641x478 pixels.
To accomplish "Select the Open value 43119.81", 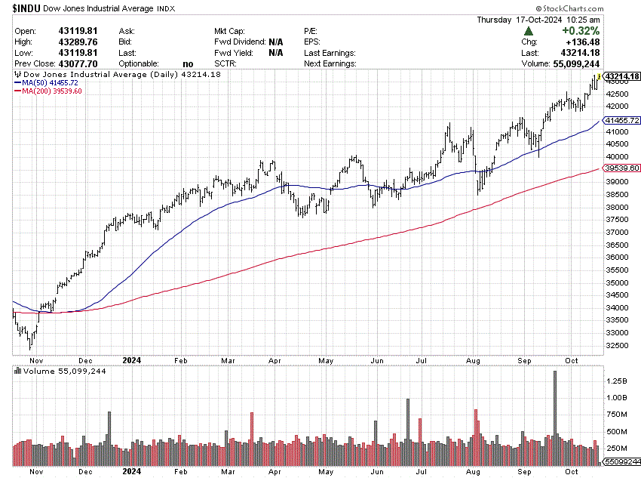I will coord(80,31).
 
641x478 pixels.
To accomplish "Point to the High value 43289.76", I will coord(80,42).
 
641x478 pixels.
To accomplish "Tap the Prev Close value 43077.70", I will coord(80,64).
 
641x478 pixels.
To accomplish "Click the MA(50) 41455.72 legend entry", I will coord(47,82).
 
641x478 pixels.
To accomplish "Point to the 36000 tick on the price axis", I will coord(617,257).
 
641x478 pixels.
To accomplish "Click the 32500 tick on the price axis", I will coord(617,345).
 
